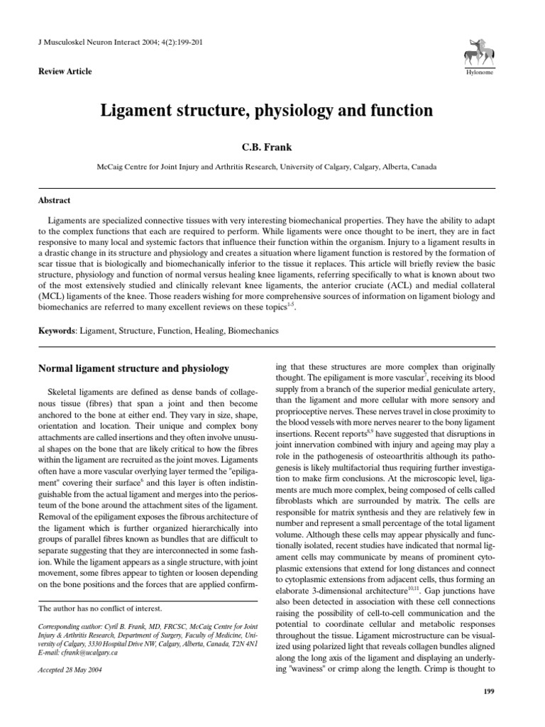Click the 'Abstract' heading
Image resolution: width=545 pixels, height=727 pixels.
(54, 201)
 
